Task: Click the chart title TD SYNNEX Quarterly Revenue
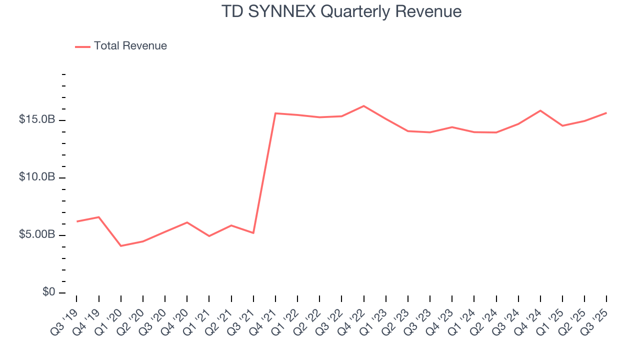341,11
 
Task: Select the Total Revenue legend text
130,46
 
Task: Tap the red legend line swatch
82,46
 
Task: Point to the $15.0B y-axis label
37,120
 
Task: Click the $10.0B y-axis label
37,177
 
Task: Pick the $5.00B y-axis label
37,235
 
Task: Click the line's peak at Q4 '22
363,106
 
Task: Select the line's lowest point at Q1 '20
121,246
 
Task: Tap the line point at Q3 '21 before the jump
253,233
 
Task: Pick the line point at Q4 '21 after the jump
275,113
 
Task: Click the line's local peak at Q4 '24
540,110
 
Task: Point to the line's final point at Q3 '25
606,113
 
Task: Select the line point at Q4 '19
99,217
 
